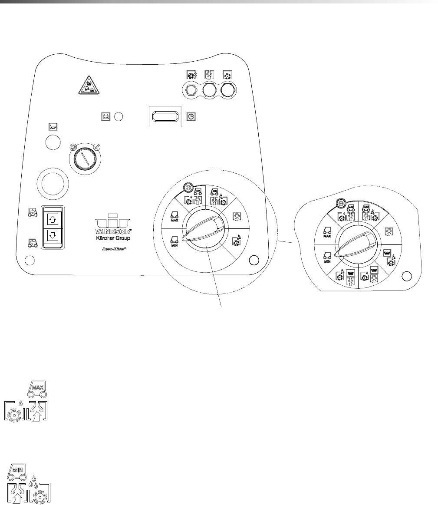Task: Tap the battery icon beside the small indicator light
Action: (105, 116)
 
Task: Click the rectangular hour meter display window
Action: (165, 116)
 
